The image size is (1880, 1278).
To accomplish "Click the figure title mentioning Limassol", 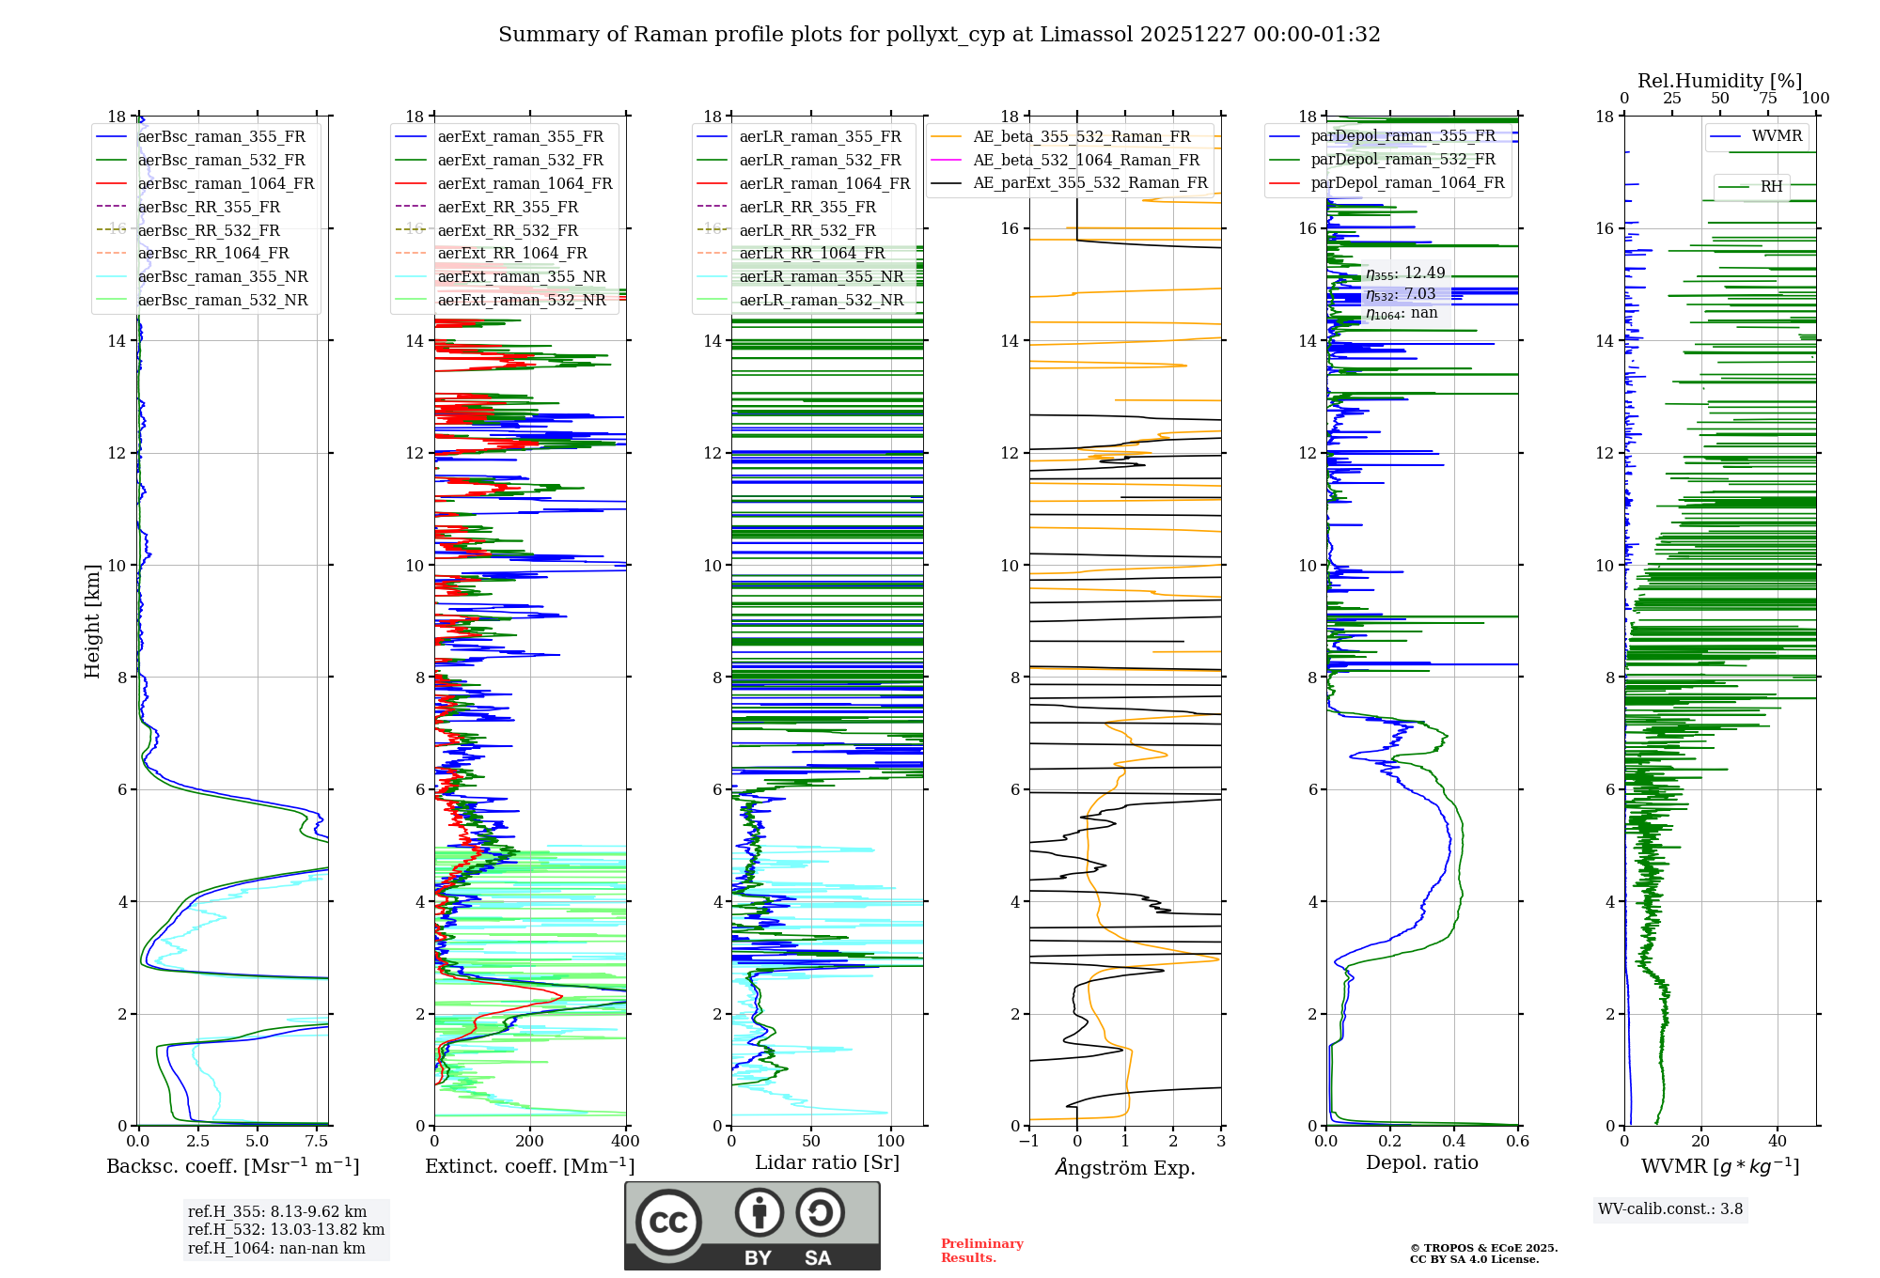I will tap(939, 35).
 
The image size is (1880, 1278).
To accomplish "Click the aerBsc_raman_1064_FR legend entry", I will tap(226, 183).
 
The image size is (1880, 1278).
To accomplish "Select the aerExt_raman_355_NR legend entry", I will tap(522, 276).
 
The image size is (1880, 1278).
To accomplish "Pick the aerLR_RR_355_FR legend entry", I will tap(807, 207).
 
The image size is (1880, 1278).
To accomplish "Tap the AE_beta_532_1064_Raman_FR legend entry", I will tap(1086, 160).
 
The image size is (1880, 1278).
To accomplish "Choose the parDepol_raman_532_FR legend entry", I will tap(1402, 159).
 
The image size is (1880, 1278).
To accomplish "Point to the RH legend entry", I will tap(1771, 187).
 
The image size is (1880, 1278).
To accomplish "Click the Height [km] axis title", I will tap(92, 620).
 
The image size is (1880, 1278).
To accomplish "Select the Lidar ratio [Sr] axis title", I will tap(827, 1162).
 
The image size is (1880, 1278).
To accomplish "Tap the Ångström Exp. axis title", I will tap(1125, 1168).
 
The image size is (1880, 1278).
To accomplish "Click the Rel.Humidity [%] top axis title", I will tap(1720, 81).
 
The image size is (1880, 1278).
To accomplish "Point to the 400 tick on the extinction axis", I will tap(625, 1142).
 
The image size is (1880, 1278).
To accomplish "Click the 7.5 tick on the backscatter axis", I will tap(317, 1142).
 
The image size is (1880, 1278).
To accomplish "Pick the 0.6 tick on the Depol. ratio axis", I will tap(1517, 1142).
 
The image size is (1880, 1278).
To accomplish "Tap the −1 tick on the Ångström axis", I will tap(1029, 1142).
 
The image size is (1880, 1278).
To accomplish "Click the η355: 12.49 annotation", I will tap(1405, 273).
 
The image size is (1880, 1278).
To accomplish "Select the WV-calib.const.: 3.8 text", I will tap(1670, 1209).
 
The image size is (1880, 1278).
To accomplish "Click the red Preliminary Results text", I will tap(981, 1251).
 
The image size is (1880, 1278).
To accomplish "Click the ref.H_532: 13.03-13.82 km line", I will tap(286, 1230).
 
